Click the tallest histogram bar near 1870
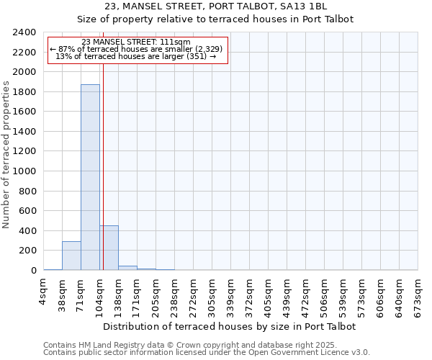coord(90,177)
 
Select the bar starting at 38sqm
coord(71,256)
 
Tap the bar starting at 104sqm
coord(109,248)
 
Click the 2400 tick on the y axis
coord(24,32)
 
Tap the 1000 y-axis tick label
coord(24,171)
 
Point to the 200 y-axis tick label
coord(27,251)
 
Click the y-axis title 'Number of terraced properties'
coord(6,154)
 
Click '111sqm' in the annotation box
coord(176,42)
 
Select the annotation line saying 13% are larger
coord(136,56)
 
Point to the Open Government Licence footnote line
coord(206,353)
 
